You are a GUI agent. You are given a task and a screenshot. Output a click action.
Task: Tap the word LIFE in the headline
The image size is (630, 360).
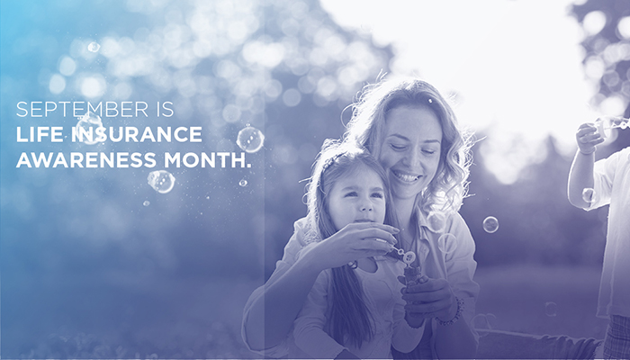[35, 133]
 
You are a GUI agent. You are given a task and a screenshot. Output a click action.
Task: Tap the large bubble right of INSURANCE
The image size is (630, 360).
[250, 138]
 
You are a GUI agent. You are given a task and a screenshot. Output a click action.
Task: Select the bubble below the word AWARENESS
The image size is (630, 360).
[161, 181]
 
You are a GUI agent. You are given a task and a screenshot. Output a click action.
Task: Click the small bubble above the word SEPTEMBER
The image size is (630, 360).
[94, 47]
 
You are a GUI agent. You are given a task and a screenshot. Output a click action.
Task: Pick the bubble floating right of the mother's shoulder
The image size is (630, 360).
[490, 224]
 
